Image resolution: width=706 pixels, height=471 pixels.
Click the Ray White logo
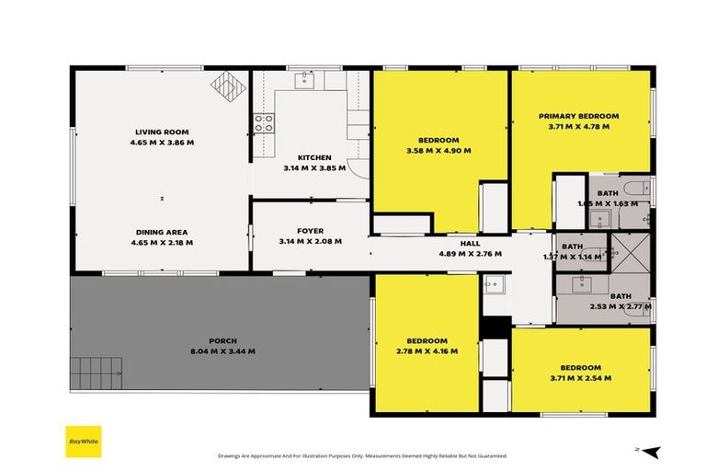point(82,440)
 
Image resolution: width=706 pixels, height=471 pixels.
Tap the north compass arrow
point(650,451)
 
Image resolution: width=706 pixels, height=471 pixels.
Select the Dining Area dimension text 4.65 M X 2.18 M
point(163,242)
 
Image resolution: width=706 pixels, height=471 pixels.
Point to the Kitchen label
point(313,157)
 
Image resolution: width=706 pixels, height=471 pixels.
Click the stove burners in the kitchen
point(264,122)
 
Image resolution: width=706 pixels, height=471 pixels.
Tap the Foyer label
point(310,230)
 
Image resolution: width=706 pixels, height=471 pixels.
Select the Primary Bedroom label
point(578,116)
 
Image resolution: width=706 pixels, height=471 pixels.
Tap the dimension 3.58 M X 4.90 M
point(438,151)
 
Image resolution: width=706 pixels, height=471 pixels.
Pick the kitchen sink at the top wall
point(304,81)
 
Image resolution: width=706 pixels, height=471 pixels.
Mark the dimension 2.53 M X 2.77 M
point(621,306)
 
